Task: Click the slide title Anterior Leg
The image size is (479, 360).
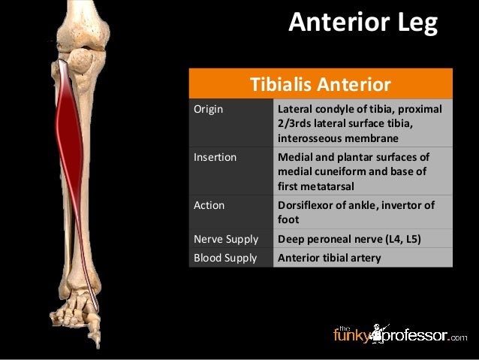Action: coord(363,23)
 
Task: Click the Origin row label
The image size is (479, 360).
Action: coord(209,109)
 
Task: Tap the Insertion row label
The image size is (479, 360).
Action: coord(215,158)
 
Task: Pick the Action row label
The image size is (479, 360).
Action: coord(209,204)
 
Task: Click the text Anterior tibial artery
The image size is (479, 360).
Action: coord(330,258)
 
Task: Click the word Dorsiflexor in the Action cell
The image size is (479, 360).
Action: coord(306,204)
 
